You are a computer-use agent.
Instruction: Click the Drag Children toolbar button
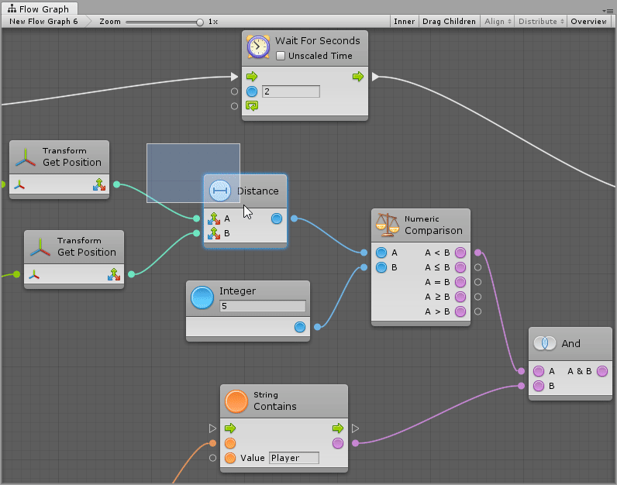449,22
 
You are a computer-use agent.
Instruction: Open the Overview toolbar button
589,22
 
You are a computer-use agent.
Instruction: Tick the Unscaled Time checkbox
281,57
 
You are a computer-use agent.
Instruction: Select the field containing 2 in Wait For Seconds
291,91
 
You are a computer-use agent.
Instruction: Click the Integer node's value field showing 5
262,306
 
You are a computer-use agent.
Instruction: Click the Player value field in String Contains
294,458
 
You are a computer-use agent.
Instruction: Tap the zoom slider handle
200,22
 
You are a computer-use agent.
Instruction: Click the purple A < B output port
460,253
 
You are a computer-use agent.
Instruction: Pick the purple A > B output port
460,311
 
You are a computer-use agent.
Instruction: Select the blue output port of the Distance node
277,218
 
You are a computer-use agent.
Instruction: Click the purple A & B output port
602,371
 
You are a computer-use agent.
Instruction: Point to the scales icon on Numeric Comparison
387,224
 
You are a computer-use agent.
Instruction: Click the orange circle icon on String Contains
236,401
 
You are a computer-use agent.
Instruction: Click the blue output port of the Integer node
300,327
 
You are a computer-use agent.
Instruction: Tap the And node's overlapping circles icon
546,343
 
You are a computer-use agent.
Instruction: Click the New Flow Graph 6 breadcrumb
43,22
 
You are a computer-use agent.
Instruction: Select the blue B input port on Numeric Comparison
381,267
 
